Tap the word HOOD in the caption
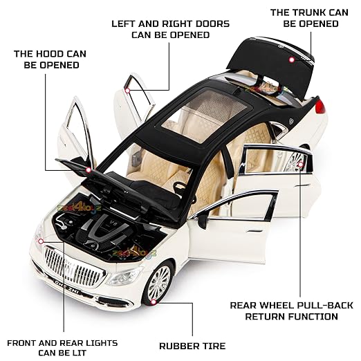coord(51,54)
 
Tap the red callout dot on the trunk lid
coord(292,59)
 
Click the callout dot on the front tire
coord(154,302)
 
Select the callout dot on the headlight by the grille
coord(41,241)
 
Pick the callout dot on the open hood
coord(88,170)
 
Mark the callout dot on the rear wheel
coord(301,165)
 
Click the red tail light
coord(320,107)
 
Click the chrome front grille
coord(74,267)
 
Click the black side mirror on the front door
coord(203,221)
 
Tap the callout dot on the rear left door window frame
coord(127,91)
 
